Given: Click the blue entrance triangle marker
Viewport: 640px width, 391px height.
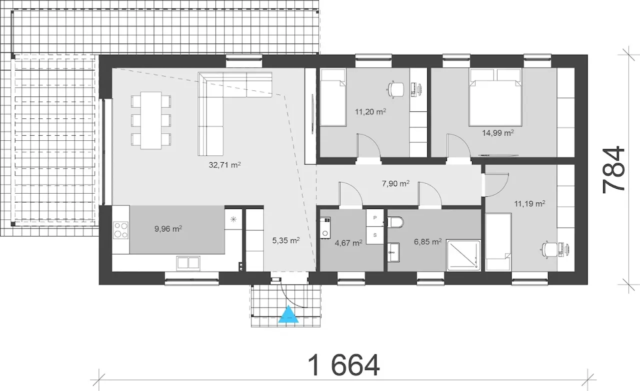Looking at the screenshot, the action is [x=288, y=314].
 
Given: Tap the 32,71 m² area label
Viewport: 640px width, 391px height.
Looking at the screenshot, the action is [x=225, y=165].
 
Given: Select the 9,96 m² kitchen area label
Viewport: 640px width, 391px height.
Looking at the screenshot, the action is [x=168, y=229].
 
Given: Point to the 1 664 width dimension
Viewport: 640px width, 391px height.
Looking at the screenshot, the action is [x=343, y=366].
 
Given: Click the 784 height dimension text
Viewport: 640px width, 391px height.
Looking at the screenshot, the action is [x=613, y=170].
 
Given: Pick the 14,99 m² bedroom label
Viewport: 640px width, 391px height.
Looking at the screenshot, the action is [x=498, y=133].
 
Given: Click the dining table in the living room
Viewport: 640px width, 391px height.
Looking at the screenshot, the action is [x=151, y=120].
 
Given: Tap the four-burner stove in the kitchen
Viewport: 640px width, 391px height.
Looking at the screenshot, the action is [x=120, y=230].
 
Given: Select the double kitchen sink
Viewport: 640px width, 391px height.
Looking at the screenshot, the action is [x=188, y=263].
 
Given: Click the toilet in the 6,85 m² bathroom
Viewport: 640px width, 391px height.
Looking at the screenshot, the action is [x=395, y=222].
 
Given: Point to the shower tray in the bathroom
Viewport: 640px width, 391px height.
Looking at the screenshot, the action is [x=463, y=255].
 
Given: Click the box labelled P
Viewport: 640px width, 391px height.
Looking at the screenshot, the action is [x=375, y=218].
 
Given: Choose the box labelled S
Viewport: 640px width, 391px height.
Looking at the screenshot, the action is [x=375, y=235].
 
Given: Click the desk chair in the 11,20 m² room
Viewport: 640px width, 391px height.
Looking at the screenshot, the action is [x=395, y=89].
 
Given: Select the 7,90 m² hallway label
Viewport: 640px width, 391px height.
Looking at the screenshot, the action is [x=395, y=183].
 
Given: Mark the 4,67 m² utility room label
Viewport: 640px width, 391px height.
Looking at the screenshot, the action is [x=348, y=243].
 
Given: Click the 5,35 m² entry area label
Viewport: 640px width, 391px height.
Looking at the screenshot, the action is [x=286, y=240].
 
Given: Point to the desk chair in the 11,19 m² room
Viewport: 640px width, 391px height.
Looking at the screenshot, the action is [x=549, y=250].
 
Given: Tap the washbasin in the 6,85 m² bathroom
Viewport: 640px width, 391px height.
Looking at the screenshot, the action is [x=393, y=252].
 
